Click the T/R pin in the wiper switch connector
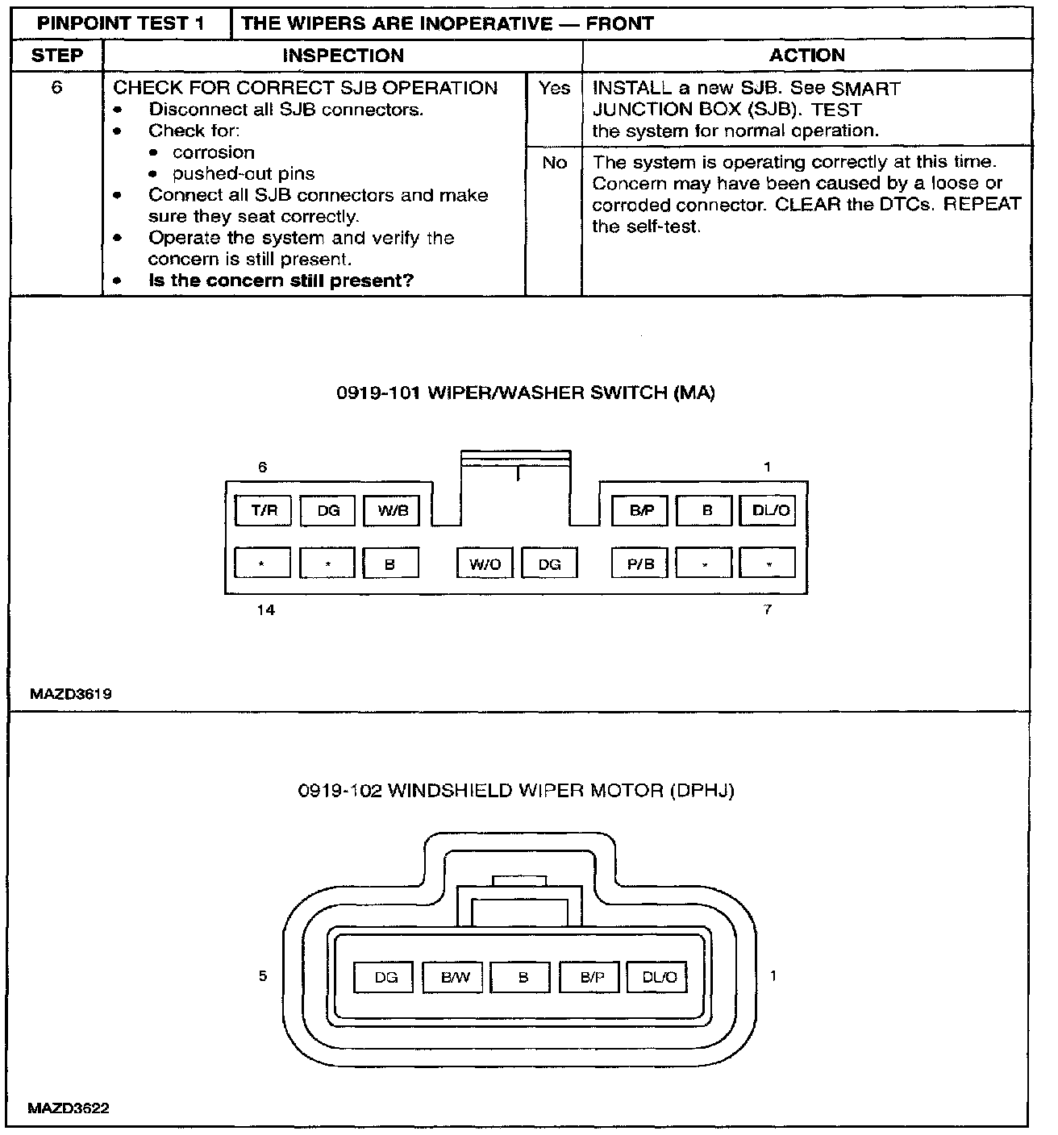pyautogui.click(x=263, y=510)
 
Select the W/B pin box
pyautogui.click(x=392, y=510)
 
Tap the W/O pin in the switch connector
pyautogui.click(x=485, y=563)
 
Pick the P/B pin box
pyautogui.click(x=640, y=563)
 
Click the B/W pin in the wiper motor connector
pyautogui.click(x=456, y=978)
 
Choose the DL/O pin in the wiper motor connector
pyautogui.click(x=660, y=978)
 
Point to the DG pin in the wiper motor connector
pyautogui.click(x=386, y=978)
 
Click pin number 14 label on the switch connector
pyautogui.click(x=265, y=610)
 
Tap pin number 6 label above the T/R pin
pyautogui.click(x=262, y=467)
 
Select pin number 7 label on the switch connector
pyautogui.click(x=768, y=610)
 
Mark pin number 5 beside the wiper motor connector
pyautogui.click(x=263, y=976)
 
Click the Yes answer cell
pyautogui.click(x=554, y=89)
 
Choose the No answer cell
pyautogui.click(x=554, y=163)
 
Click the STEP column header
pyautogui.click(x=56, y=56)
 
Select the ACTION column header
pyautogui.click(x=806, y=56)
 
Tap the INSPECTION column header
pyautogui.click(x=343, y=56)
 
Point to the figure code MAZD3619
pyautogui.click(x=70, y=693)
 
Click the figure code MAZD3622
pyautogui.click(x=69, y=1108)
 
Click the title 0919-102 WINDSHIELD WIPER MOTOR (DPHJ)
pyautogui.click(x=516, y=791)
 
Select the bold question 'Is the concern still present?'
pyautogui.click(x=281, y=281)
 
